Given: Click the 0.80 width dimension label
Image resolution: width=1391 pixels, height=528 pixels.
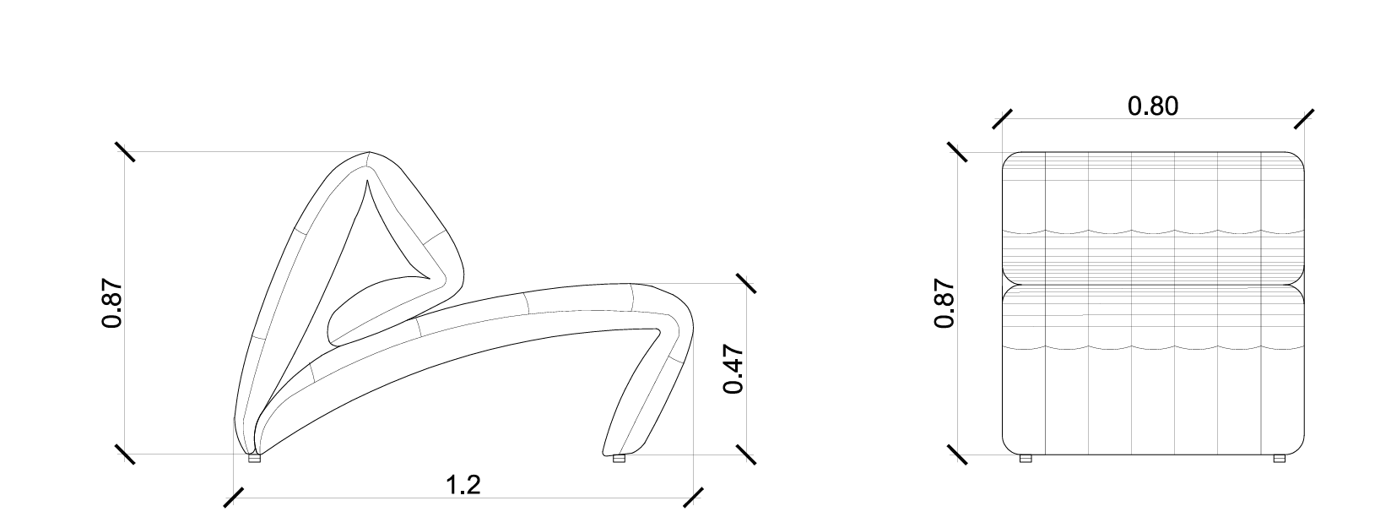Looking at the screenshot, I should [1153, 106].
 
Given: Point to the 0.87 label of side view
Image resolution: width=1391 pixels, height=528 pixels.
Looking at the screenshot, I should [112, 304].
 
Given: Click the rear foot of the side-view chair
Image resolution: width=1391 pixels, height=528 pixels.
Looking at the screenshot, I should [255, 460].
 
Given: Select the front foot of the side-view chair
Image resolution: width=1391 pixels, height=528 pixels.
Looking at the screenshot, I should [619, 460].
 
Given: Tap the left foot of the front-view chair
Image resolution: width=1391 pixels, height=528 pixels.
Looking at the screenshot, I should [1026, 459].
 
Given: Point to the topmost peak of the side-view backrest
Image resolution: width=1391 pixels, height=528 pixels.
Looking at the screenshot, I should [370, 153].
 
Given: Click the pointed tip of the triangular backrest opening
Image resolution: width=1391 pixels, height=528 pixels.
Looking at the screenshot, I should [368, 180].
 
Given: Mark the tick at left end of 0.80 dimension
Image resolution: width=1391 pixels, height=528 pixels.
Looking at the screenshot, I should [1002, 119].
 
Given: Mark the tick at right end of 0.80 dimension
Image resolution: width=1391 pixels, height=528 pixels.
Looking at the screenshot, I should [1305, 119].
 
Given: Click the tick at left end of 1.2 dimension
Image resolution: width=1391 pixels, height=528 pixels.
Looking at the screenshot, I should [234, 498].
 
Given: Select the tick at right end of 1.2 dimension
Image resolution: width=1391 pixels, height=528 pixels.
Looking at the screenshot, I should [693, 498].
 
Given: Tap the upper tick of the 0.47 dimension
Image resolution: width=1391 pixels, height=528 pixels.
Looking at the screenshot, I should [746, 284].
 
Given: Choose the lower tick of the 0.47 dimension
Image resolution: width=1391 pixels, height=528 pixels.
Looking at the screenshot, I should [746, 455].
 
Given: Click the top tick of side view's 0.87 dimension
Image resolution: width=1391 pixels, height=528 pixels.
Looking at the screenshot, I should [125, 152].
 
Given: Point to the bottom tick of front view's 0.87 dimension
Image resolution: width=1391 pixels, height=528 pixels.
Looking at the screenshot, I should [958, 455].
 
